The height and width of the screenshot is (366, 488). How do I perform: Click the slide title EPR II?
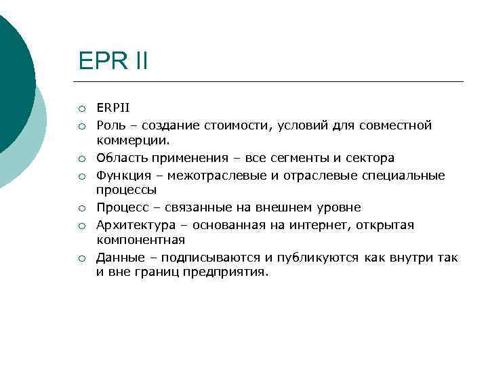(113, 62)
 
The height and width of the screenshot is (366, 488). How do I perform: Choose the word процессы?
(126, 191)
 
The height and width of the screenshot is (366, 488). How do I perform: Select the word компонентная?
(140, 241)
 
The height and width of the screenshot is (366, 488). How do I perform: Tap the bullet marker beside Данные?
(81, 258)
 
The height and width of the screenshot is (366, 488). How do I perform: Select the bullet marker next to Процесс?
(81, 208)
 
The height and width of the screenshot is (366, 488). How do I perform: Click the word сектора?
(371, 158)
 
